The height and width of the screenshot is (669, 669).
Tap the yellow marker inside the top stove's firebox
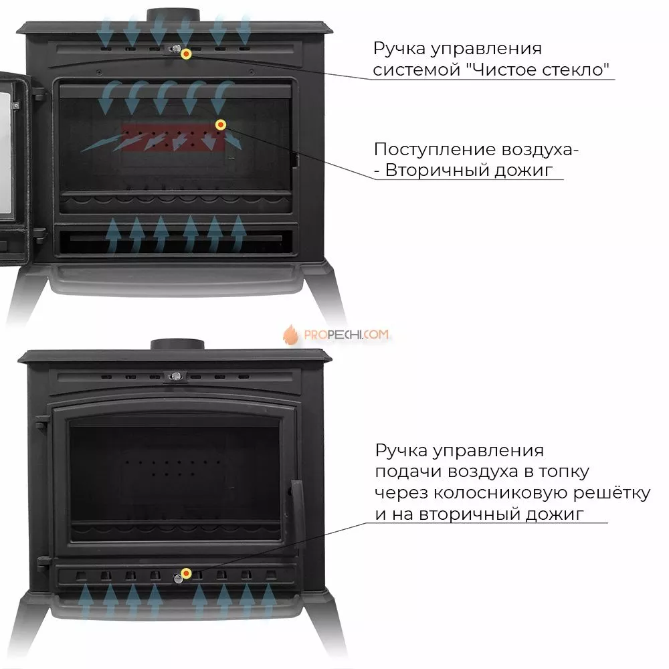click(x=221, y=124)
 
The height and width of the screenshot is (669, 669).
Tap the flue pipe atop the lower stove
click(x=177, y=345)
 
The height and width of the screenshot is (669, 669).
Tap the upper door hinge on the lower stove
click(x=41, y=421)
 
